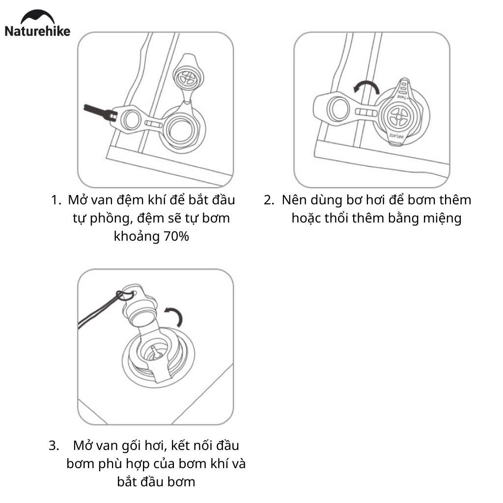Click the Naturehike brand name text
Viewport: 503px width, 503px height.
[37, 31]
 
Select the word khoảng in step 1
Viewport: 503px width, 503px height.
[134, 236]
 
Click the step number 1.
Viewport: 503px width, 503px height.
[55, 200]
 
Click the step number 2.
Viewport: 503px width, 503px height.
[268, 200]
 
